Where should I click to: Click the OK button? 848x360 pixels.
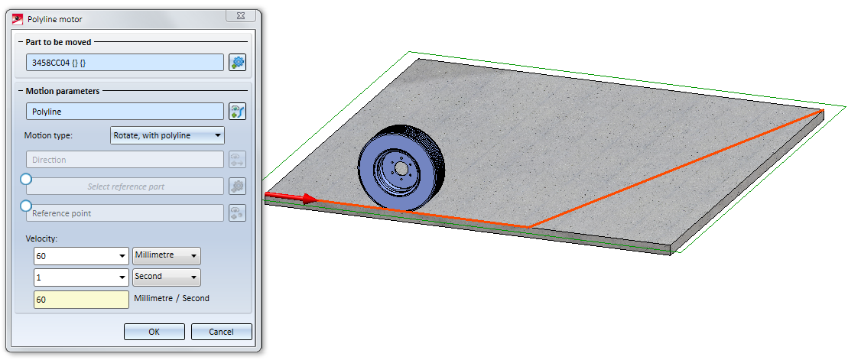pos(154,332)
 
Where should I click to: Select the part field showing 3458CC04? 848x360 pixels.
pos(125,62)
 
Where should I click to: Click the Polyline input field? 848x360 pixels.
pos(125,112)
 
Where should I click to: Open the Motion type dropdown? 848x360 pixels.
pos(167,135)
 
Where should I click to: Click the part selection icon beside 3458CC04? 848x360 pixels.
pos(237,62)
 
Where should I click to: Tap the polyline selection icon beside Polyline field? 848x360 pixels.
pos(237,112)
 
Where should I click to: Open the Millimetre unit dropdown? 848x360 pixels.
pos(167,256)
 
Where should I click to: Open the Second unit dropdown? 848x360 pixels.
pos(167,277)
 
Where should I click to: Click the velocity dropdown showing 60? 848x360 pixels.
pos(81,256)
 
